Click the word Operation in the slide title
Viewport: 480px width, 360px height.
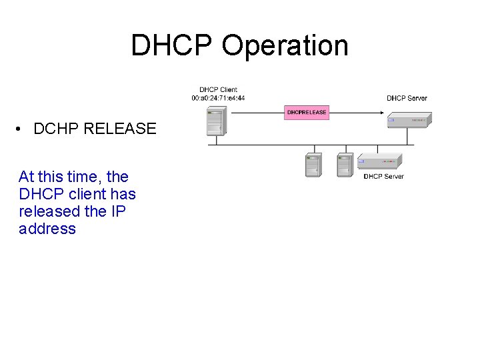tap(285, 46)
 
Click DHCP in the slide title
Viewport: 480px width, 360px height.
tap(172, 46)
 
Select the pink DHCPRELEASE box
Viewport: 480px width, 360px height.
tap(307, 112)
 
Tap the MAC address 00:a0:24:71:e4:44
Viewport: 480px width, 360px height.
tap(218, 98)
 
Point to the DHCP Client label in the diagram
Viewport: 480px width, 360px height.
tap(218, 90)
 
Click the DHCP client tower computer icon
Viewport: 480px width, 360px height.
tap(215, 123)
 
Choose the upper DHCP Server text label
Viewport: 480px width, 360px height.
tap(407, 98)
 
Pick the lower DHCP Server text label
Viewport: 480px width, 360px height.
tap(383, 177)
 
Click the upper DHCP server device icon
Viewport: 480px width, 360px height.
tap(408, 121)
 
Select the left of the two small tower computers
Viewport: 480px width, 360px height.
tap(313, 165)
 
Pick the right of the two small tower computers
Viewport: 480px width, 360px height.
tap(345, 165)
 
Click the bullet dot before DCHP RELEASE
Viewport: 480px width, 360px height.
tap(22, 129)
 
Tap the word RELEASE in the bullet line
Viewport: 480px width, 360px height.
tap(120, 129)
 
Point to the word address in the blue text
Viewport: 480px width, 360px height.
tap(47, 229)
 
